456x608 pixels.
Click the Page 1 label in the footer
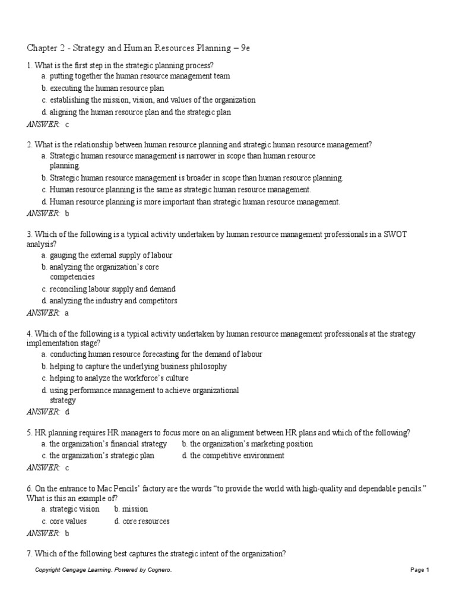419,570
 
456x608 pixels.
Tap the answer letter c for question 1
67,124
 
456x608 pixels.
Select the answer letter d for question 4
67,411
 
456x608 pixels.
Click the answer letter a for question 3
67,312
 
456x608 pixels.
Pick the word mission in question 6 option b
135,509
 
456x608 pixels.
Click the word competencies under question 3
72,277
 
